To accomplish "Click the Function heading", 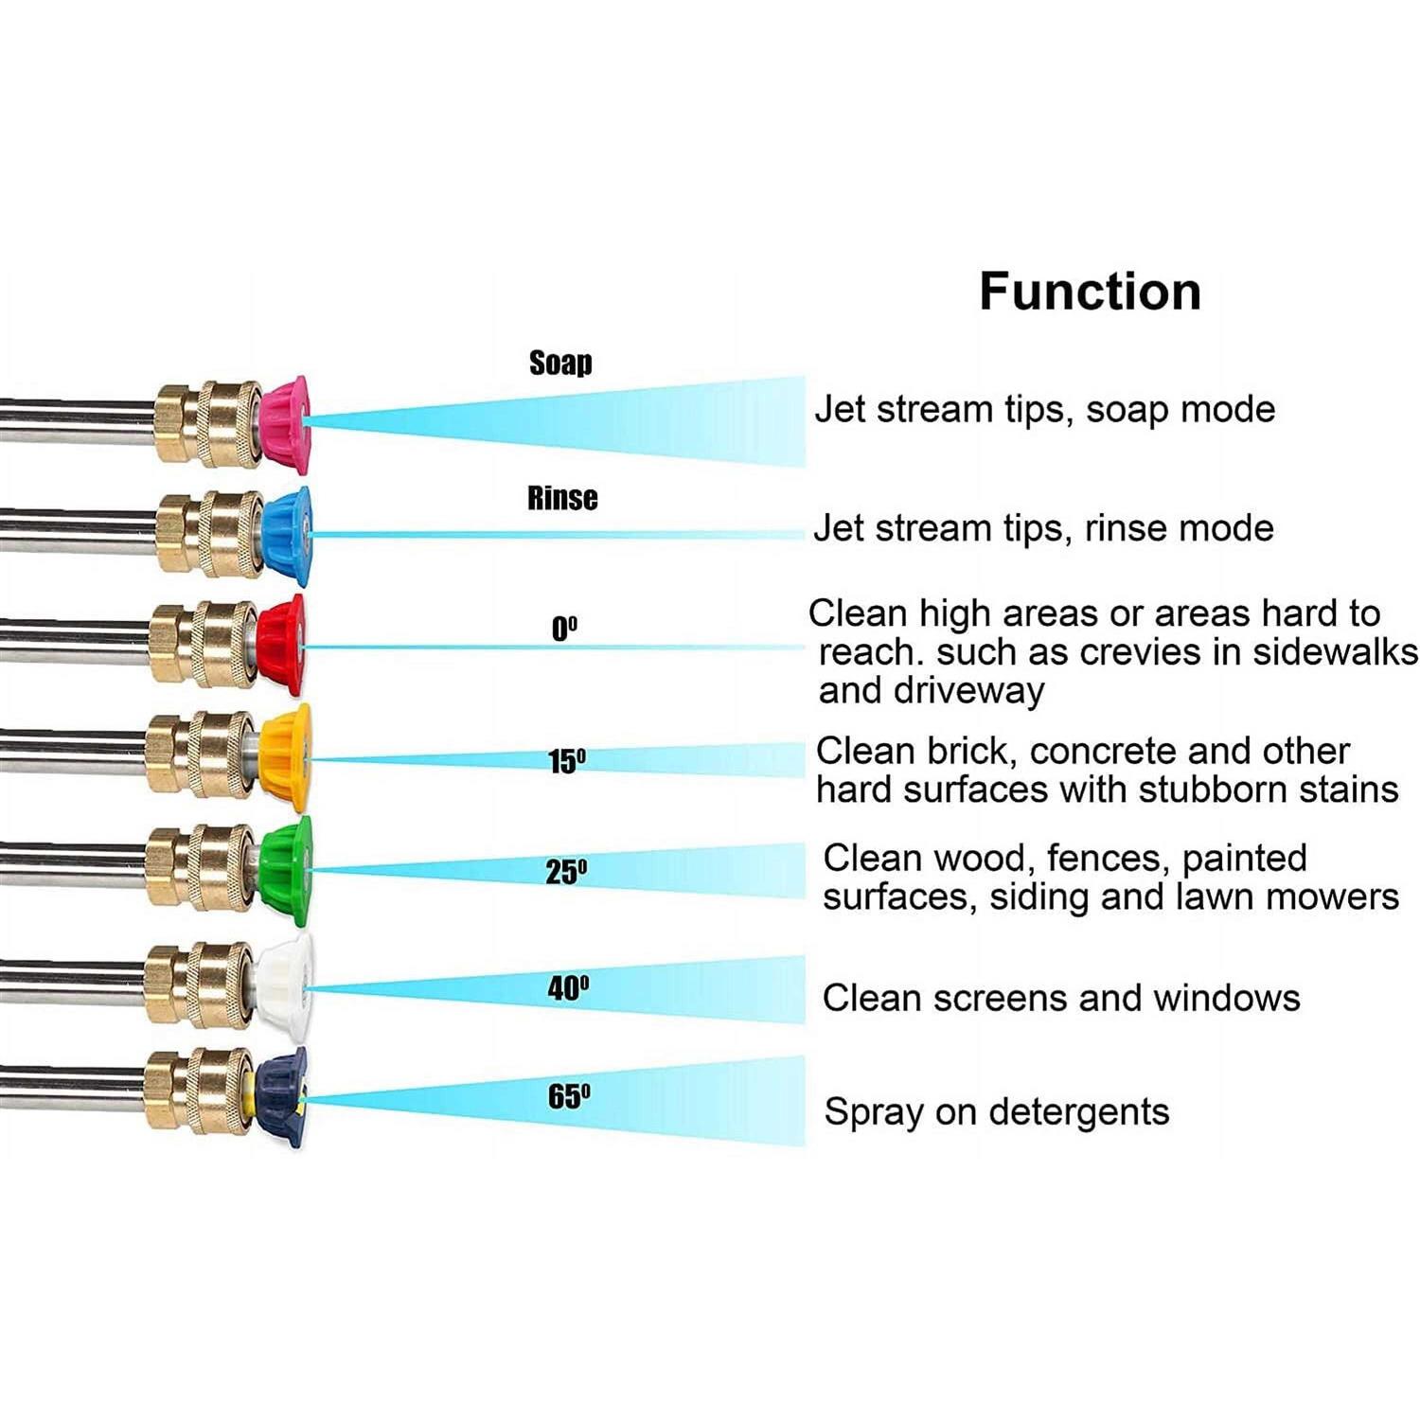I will click(1090, 292).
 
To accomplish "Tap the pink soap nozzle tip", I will click(285, 423).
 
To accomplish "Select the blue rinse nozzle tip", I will click(288, 536).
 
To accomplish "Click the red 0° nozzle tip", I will click(281, 646).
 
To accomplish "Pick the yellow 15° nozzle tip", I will click(285, 757).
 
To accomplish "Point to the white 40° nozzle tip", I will click(285, 985).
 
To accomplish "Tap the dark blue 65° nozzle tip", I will click(281, 1097).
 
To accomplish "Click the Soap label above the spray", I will click(560, 363).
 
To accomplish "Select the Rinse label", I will click(562, 498).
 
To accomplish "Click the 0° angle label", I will click(564, 629).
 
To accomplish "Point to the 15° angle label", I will click(567, 761).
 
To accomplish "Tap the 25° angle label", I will click(566, 872).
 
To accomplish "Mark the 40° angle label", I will click(568, 988).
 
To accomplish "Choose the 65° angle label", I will click(569, 1097).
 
